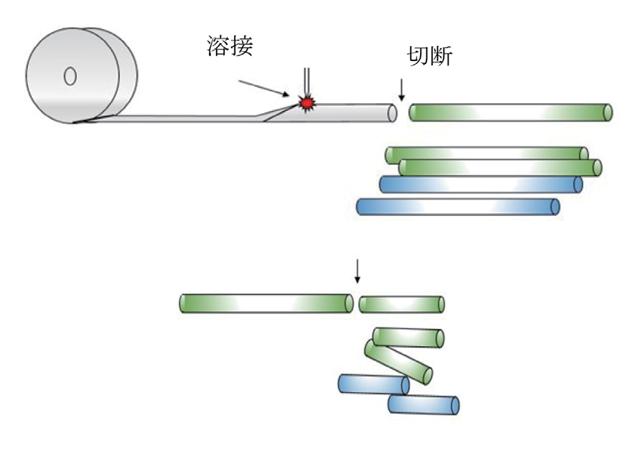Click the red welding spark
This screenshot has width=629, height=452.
point(307,103)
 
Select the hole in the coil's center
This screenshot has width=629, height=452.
point(70,76)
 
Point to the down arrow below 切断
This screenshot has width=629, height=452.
point(402,89)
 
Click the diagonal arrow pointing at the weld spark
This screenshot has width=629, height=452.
point(263,87)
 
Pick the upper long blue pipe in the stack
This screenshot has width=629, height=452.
point(480,185)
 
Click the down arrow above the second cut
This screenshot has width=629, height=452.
point(357,270)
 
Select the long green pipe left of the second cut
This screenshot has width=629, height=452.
point(266,303)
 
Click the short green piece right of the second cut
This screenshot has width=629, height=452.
point(402,305)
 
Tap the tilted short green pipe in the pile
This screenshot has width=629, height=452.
point(399,361)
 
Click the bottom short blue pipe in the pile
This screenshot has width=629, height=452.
point(424,405)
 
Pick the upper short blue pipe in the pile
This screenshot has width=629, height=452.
point(374,384)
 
